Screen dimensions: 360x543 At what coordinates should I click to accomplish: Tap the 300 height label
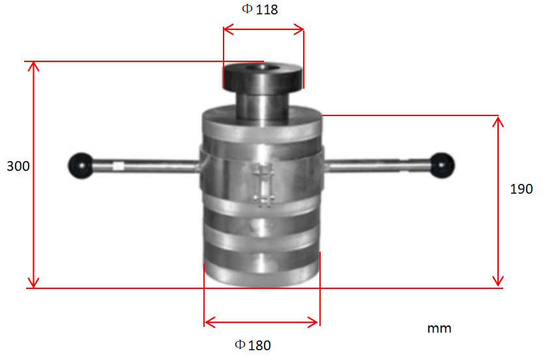point(18,166)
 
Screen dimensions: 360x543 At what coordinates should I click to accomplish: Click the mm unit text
point(439,328)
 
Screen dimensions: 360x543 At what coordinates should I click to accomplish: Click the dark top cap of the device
point(263,77)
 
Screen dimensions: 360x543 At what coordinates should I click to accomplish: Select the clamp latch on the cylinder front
point(263,186)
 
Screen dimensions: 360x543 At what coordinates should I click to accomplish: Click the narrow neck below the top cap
point(263,104)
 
